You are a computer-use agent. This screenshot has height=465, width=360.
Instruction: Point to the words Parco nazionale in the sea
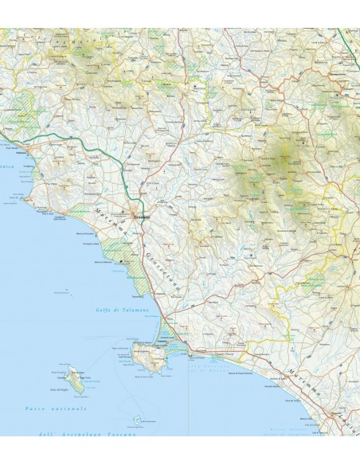(57, 408)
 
